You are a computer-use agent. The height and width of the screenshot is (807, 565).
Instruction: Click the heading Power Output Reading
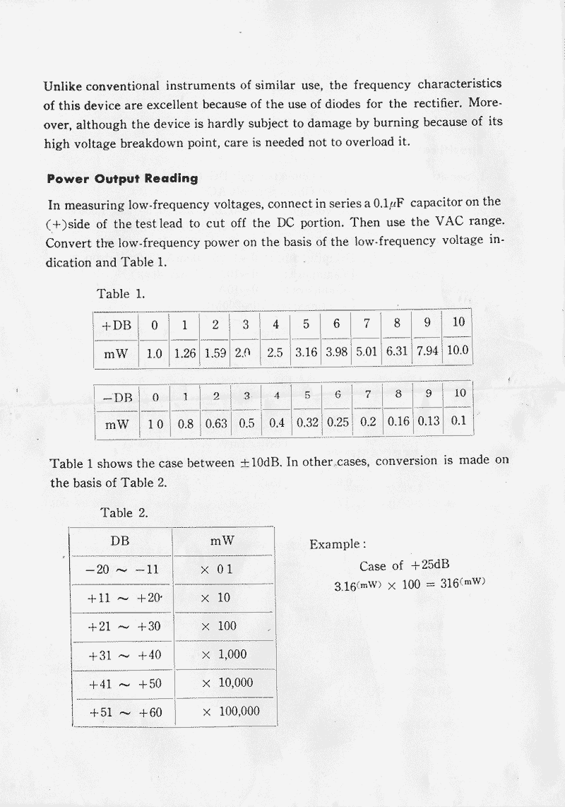click(122, 179)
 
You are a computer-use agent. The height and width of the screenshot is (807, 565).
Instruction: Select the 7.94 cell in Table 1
click(427, 352)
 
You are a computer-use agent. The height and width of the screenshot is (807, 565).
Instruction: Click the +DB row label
click(117, 326)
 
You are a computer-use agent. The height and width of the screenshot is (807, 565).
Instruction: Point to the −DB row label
click(117, 398)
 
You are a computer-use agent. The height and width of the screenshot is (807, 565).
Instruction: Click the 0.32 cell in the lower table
click(307, 424)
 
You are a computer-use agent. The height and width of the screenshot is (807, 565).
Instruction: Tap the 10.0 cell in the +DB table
click(458, 351)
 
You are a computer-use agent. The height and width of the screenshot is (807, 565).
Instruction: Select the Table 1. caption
click(121, 294)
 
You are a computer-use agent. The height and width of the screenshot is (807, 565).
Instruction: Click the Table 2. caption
click(124, 513)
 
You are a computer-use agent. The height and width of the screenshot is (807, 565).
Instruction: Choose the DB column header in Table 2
click(120, 541)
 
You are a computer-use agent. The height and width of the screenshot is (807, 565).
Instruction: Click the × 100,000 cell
click(230, 712)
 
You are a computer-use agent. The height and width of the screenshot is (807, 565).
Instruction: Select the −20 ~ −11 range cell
click(121, 570)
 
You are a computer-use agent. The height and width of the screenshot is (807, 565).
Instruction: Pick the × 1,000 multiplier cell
click(224, 654)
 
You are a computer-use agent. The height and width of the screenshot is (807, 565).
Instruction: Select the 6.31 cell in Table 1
click(397, 352)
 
